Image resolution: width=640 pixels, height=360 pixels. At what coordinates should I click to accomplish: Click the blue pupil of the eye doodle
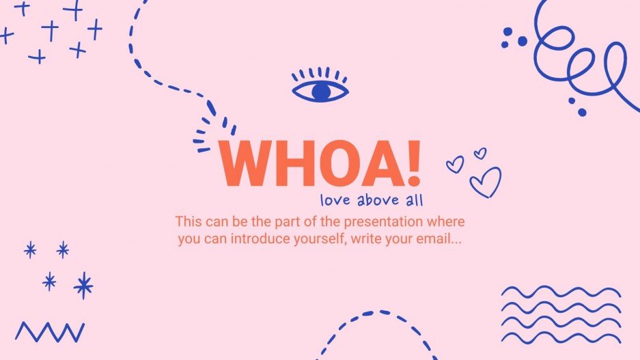pyautogui.click(x=320, y=92)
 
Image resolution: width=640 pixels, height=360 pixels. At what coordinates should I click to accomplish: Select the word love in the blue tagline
pyautogui.click(x=335, y=201)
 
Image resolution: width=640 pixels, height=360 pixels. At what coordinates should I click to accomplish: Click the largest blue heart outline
pyautogui.click(x=486, y=182)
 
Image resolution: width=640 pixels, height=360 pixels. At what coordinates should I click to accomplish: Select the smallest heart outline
pyautogui.click(x=480, y=154)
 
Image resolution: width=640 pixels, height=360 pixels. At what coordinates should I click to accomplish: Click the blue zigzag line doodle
pyautogui.click(x=50, y=332)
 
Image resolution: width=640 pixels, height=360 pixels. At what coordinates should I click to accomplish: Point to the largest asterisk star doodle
pyautogui.click(x=83, y=286)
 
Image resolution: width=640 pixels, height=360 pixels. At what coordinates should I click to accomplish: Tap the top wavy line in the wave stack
pyautogui.click(x=560, y=292)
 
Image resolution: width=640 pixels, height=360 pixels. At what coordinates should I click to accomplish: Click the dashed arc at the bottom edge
pyautogui.click(x=376, y=321)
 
